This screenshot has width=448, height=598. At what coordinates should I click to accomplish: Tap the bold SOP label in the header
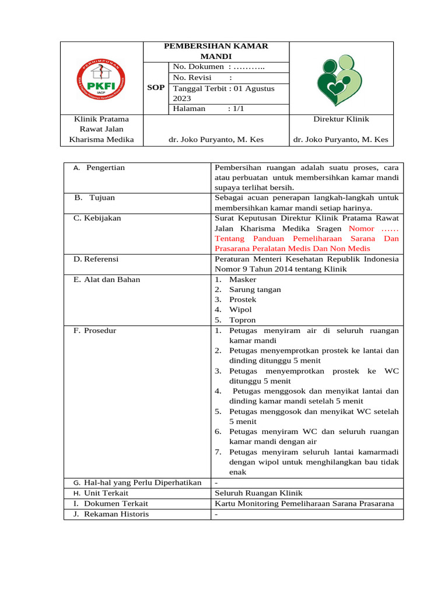point(156,88)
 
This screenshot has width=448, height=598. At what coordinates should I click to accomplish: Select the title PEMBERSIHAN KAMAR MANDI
point(216,51)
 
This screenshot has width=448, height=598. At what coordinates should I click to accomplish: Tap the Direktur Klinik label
point(341,119)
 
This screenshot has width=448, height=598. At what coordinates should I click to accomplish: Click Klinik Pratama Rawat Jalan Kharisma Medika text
point(101,129)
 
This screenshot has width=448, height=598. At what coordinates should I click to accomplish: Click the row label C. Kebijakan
point(97,218)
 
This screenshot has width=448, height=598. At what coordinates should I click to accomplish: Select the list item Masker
point(243,280)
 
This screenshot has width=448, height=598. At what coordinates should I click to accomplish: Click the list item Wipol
point(240,310)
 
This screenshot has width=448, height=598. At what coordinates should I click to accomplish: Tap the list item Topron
point(242,320)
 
